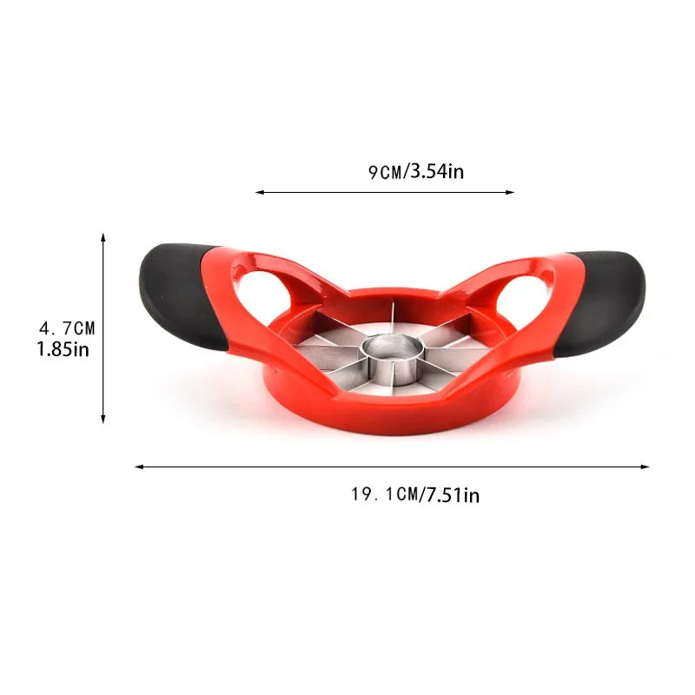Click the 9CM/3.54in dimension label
(414, 172)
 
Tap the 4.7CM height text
(67, 328)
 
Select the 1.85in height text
(63, 349)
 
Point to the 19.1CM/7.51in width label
(414, 495)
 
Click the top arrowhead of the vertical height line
(103, 237)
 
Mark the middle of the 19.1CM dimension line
(391, 467)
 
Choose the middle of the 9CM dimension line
(385, 193)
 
